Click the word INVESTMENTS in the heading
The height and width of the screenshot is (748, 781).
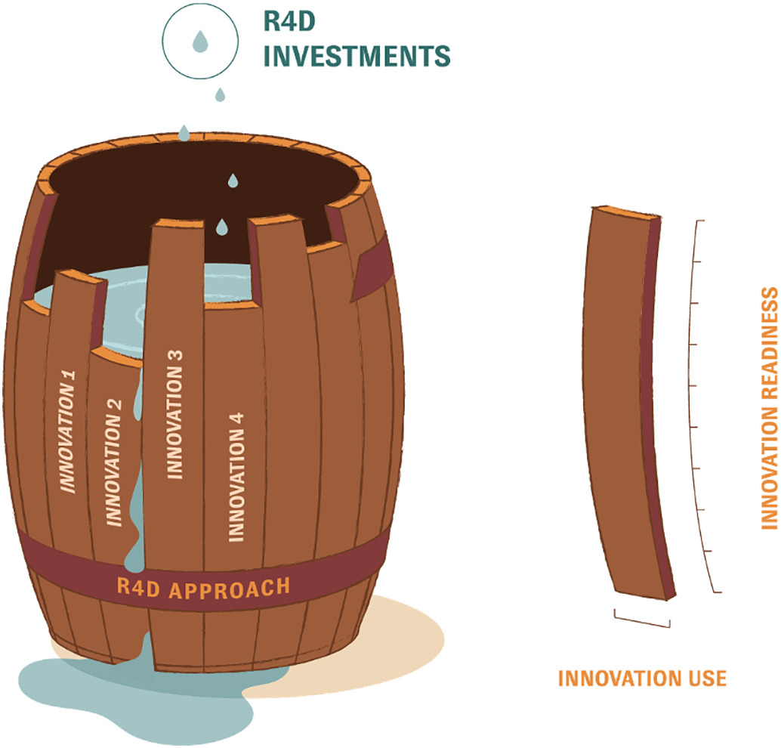tap(357, 56)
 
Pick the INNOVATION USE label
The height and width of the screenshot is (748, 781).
tap(642, 678)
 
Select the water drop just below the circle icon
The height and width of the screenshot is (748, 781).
tap(220, 94)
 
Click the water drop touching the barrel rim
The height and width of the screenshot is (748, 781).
tap(184, 134)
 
